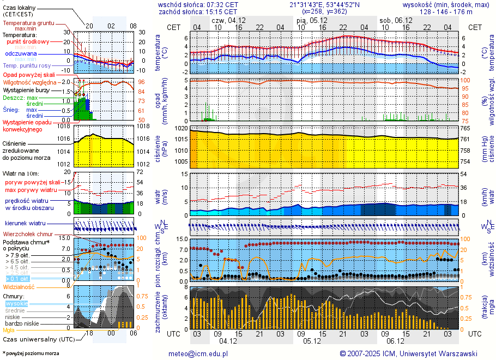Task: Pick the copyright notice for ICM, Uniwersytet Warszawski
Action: [x=408, y=353]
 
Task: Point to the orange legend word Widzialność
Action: [x=19, y=286]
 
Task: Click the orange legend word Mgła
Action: [x=9, y=330]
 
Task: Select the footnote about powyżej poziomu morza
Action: [x=31, y=353]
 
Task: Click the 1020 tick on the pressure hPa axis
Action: [x=182, y=128]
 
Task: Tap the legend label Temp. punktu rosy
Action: [x=27, y=65]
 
